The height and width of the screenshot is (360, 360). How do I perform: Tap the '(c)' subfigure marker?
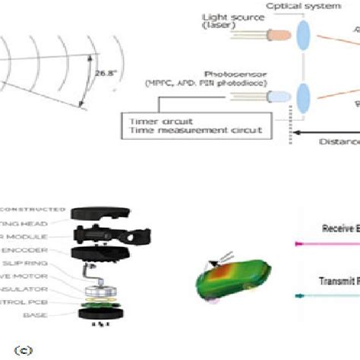(x=12, y=349)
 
